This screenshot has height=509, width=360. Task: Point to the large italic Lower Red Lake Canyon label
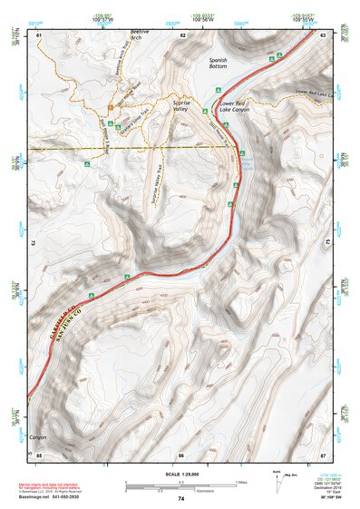point(232,107)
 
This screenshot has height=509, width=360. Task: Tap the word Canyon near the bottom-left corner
point(37,436)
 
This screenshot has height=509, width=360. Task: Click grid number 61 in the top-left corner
point(39,34)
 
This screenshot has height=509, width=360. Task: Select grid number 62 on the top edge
point(182,34)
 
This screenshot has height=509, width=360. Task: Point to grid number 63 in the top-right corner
point(323,34)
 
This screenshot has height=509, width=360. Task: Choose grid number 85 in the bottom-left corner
point(39,454)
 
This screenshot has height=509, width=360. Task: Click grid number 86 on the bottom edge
point(181,454)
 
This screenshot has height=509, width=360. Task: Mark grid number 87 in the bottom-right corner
point(323,454)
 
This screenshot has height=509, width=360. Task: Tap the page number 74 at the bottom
point(181,499)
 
